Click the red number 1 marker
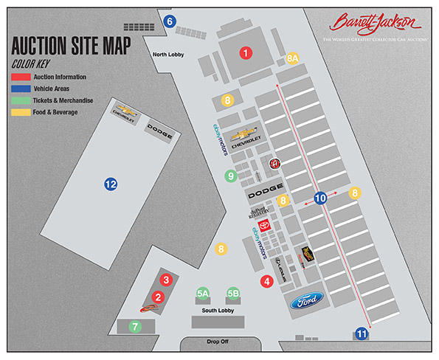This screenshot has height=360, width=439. coord(246,52)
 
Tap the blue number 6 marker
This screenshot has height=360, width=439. coord(170,21)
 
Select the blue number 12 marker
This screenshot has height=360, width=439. coord(111,184)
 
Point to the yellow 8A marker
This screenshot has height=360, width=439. coord(293,58)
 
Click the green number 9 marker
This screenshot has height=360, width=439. coord(231,176)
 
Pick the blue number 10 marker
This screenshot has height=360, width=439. coord(320,198)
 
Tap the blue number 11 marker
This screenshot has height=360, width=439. coord(362,333)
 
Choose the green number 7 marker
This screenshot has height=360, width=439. coord(134,325)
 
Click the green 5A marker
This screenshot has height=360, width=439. coord(204,294)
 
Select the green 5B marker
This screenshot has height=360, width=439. coord(233,294)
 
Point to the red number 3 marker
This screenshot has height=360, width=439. coord(167,280)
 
